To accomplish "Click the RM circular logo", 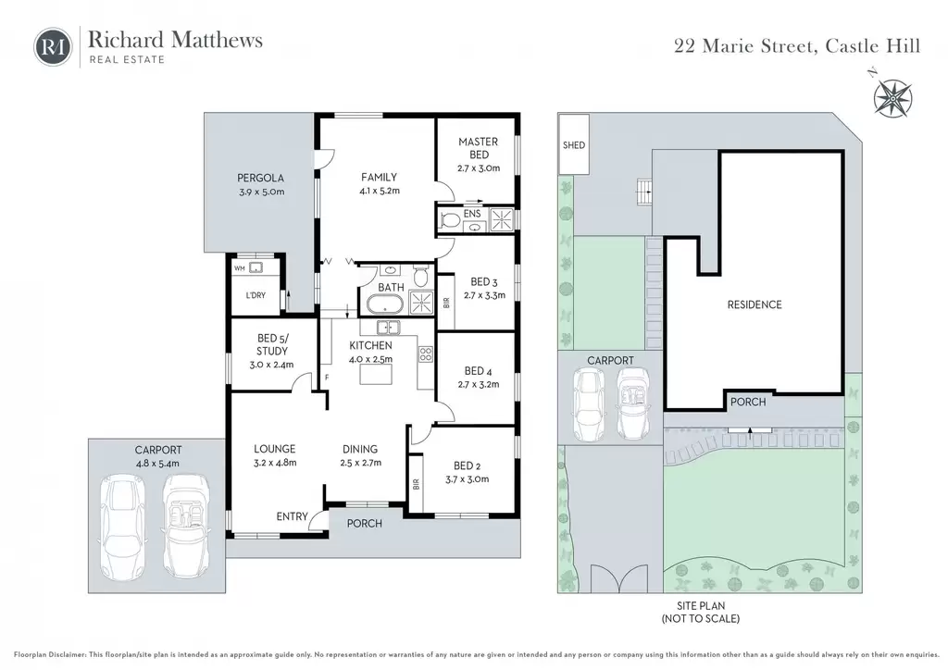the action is tap(53, 46).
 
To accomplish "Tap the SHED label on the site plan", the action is tap(574, 145).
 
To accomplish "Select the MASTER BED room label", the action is tap(479, 148).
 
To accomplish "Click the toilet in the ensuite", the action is tap(449, 220).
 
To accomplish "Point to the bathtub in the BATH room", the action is tap(385, 304).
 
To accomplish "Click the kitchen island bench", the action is tap(376, 375).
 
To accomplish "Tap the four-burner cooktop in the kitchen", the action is tap(426, 354).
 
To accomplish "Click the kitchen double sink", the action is tap(388, 328).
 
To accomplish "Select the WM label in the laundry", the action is tap(240, 268).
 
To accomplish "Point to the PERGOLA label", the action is tap(260, 179).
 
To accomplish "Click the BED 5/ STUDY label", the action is tap(271, 344).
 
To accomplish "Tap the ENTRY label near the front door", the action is tap(292, 516).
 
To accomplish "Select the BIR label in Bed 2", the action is tap(416, 485).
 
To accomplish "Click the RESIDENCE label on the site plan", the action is tap(755, 304).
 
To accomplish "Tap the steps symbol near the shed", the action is tap(644, 192).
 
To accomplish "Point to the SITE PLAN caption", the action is tap(701, 605).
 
